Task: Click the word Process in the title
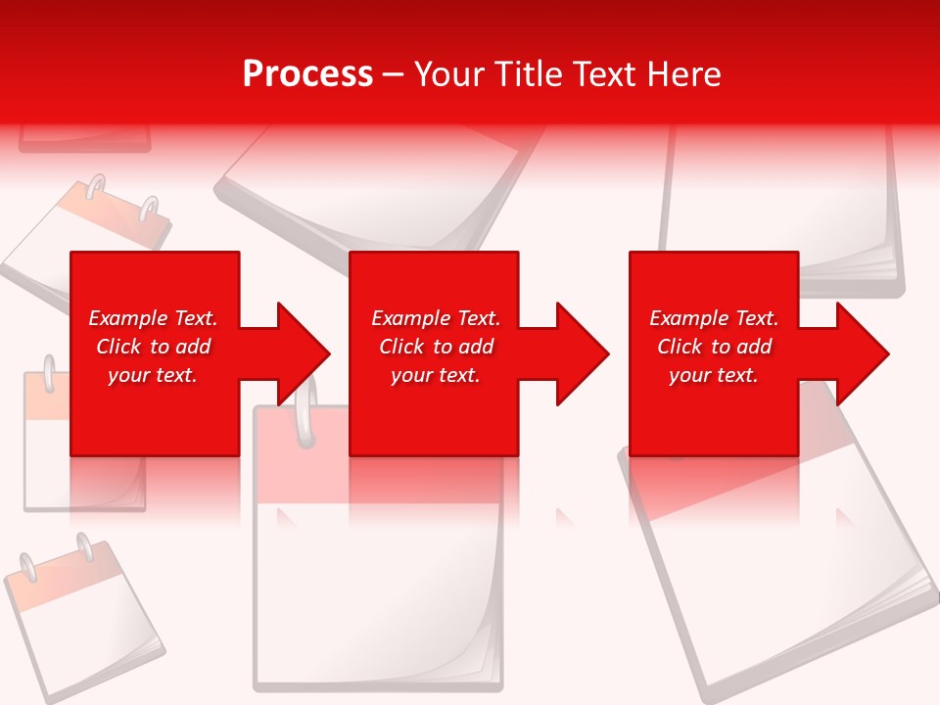click(307, 74)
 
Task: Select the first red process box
click(155, 421)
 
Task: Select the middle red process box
click(434, 421)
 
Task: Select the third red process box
click(713, 421)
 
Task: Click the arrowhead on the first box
click(304, 353)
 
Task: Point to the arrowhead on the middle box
click(583, 353)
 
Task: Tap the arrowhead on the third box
click(863, 353)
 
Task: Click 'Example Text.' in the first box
click(153, 318)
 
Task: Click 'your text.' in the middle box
click(435, 375)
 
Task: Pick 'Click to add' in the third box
click(714, 347)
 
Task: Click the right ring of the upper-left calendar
click(148, 210)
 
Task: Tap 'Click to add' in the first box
click(153, 347)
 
